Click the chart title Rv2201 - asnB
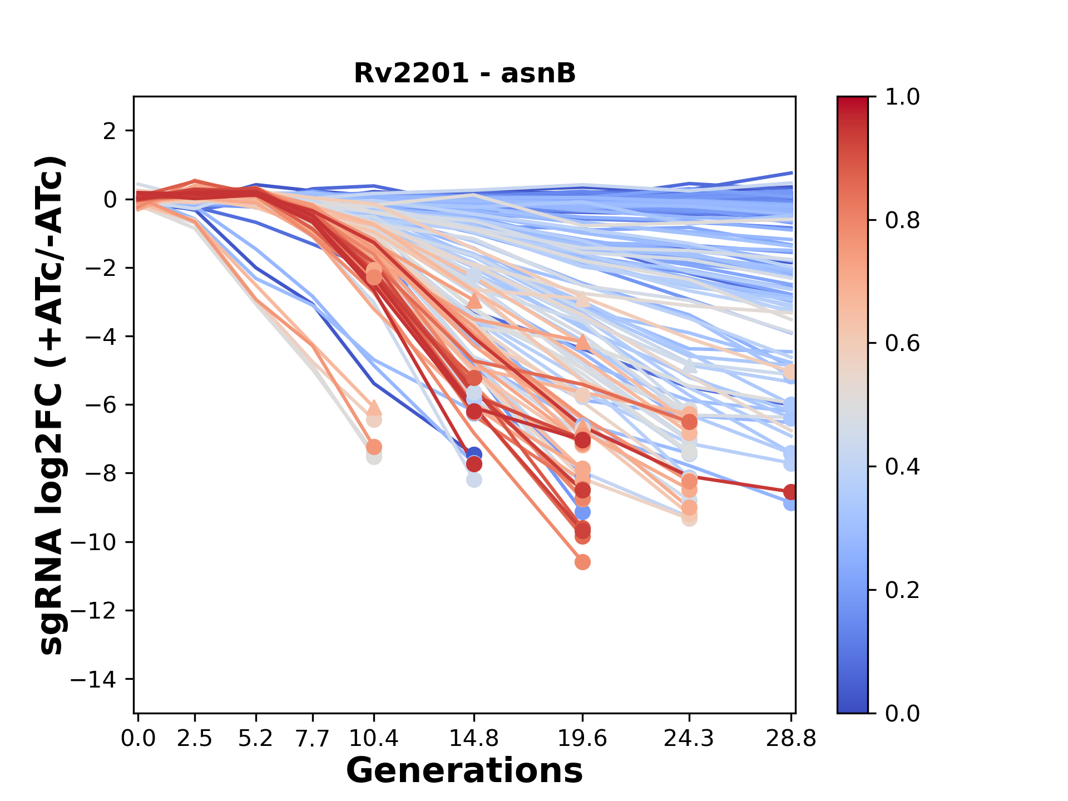point(464,73)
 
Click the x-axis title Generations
point(464,771)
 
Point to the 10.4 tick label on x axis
point(374,739)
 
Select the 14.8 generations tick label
point(473,739)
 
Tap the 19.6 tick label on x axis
point(582,739)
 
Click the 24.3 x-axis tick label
point(689,739)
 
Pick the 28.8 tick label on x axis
point(791,739)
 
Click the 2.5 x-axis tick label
point(195,739)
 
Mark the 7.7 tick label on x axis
point(313,739)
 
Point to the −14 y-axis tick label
point(100,679)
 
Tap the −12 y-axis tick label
point(100,611)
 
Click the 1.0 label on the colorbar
point(902,97)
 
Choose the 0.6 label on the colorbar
point(902,343)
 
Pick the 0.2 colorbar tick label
point(902,590)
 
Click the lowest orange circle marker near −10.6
point(582,562)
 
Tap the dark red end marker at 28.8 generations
point(790,492)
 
